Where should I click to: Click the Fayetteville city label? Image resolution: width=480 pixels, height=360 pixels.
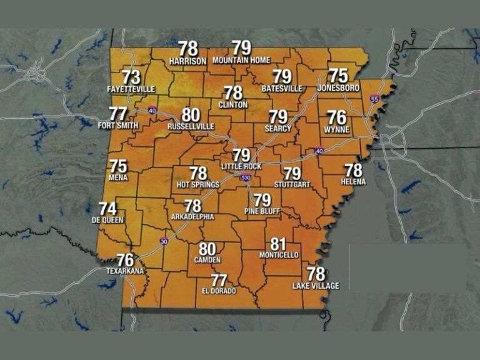pos(131,89)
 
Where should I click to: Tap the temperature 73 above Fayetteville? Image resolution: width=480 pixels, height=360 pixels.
pos(131,77)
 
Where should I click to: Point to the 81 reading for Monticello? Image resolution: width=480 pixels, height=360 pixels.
pos(278,244)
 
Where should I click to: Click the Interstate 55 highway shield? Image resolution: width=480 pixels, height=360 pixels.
pos(374,99)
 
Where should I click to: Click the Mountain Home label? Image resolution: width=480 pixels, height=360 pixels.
pos(241,61)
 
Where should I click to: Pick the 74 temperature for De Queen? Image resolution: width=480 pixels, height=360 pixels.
pos(107,209)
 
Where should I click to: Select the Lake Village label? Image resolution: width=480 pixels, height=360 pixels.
pos(316,286)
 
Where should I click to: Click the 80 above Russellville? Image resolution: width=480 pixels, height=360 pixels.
pos(191,115)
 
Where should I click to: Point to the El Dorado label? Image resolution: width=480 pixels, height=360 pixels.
pos(219,291)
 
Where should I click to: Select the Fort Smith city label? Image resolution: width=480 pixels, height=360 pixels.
pos(117,125)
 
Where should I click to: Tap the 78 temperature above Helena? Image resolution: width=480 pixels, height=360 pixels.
pos(354,170)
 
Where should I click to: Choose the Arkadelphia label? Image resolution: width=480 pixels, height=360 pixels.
pos(192,217)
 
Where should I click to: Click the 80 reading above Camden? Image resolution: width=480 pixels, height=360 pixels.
pos(207,249)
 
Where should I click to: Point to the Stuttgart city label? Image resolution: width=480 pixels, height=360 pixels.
pos(292,185)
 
